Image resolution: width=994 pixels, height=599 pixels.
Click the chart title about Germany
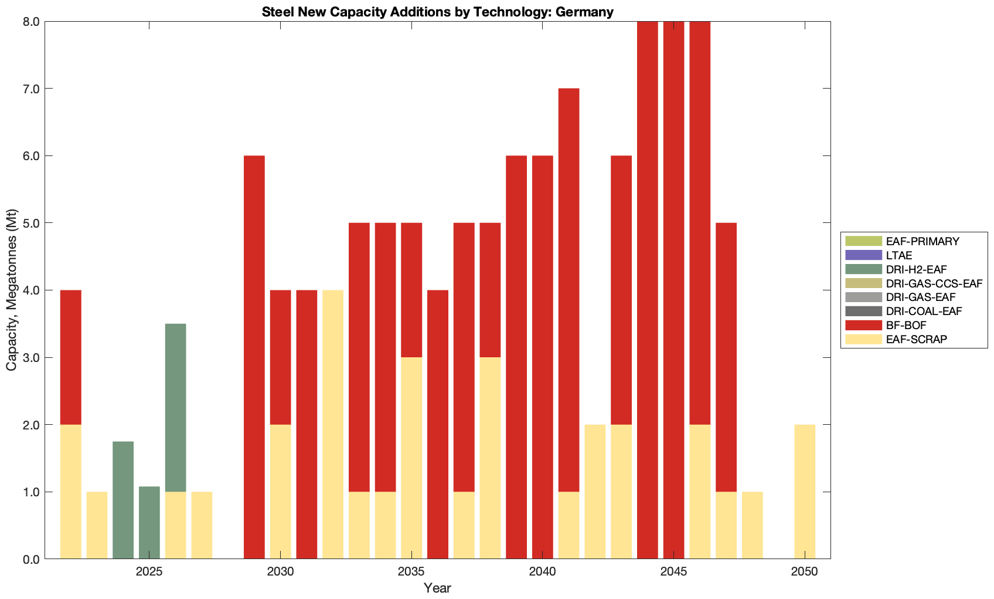(437, 12)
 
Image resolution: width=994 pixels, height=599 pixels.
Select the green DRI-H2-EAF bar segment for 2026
(175, 407)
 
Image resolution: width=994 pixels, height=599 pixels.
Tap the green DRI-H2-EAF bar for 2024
(123, 500)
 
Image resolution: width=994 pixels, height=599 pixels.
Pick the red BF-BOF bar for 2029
(254, 357)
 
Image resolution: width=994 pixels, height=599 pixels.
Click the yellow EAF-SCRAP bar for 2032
(333, 424)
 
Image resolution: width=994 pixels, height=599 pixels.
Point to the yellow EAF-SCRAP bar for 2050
(805, 492)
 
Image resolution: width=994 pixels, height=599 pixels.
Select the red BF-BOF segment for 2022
(71, 357)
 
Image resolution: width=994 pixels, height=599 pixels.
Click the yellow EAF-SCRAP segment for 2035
(411, 458)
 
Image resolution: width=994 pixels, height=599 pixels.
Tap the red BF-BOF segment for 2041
(569, 290)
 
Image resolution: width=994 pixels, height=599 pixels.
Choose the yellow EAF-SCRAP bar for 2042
(595, 492)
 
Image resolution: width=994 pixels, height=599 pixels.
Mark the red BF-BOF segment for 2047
(726, 357)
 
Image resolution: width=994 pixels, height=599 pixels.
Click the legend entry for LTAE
(899, 255)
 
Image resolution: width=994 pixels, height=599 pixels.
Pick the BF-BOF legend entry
(906, 325)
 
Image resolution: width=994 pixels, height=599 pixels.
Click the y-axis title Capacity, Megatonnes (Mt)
(12, 290)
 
